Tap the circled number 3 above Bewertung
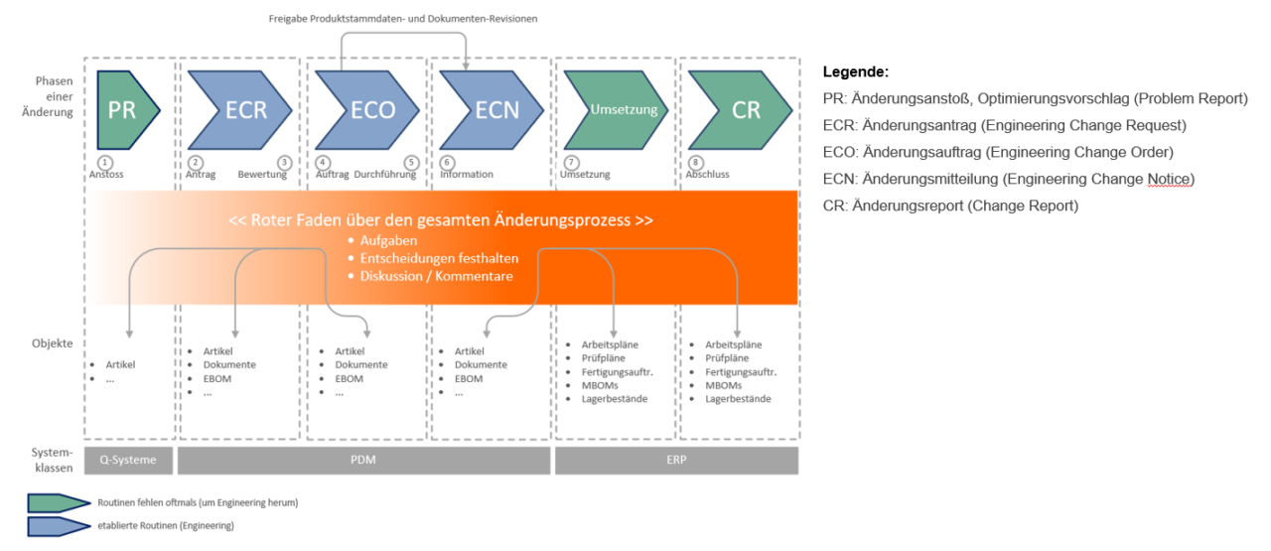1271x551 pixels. pos(284,161)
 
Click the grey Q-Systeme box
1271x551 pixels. pos(128,461)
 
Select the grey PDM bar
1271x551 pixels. pos(363,461)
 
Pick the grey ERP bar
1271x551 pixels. pos(676,461)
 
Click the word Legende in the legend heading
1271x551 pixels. pos(855,72)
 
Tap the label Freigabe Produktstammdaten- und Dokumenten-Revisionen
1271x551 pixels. pos(403,19)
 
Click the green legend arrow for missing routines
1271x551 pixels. pos(58,502)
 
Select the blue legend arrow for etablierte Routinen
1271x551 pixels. pos(58,525)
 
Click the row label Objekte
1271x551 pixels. pos(52,343)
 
